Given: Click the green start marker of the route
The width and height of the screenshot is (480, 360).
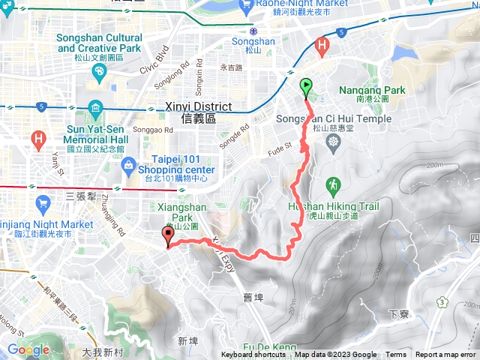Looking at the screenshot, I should (306, 87).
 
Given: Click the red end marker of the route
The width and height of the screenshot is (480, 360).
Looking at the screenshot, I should (168, 234).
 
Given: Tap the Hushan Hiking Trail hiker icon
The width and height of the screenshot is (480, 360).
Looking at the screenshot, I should (331, 184).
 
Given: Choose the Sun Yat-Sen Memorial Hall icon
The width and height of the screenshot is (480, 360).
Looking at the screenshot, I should (95, 107).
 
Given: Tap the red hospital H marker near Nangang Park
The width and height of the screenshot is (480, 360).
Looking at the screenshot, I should (322, 46).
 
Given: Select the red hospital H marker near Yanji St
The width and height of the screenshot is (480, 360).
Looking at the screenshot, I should (38, 139).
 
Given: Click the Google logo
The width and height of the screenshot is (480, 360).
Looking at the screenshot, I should (28, 349).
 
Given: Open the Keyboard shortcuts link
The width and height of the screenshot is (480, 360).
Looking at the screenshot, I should (253, 355).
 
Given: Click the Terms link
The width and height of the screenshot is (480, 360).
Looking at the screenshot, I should (396, 355).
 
